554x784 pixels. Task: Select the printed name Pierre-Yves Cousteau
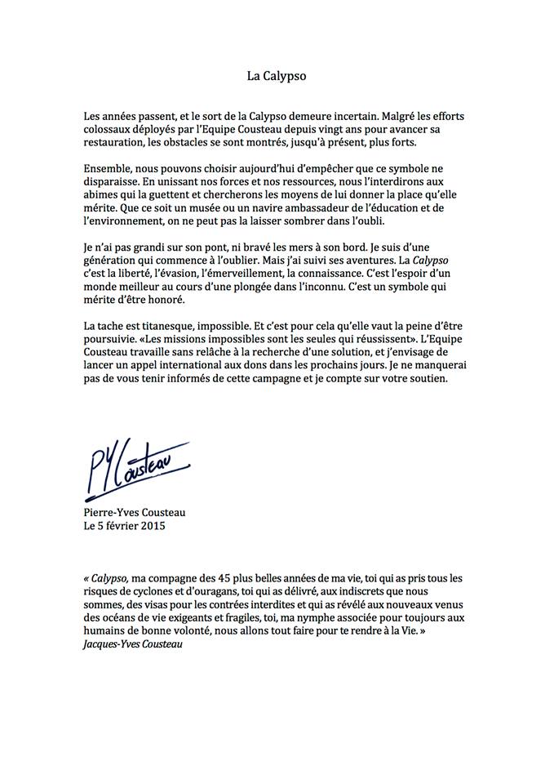135,512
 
